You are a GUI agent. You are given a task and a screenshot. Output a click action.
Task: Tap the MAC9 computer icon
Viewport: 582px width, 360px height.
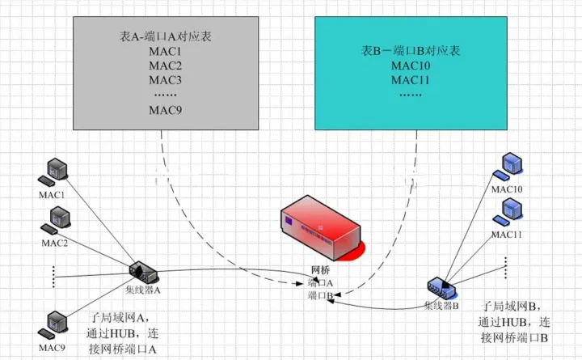tap(55, 323)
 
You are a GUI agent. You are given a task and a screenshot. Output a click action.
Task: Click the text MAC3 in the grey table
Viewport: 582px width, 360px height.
tap(165, 80)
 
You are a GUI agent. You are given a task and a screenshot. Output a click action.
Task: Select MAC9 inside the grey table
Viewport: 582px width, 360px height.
tap(165, 110)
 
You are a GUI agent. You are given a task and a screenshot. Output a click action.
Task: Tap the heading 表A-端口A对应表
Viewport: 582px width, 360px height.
tap(165, 38)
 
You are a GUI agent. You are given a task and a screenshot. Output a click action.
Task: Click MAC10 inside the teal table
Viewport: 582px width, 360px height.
tap(411, 66)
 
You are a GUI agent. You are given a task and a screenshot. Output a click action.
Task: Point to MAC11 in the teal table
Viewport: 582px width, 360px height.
tap(411, 80)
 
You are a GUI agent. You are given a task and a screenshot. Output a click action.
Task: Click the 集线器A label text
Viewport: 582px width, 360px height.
tap(145, 290)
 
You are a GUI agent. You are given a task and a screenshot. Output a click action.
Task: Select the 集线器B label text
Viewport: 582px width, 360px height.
tap(441, 306)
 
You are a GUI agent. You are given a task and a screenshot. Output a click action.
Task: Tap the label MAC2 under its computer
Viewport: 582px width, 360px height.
tap(55, 243)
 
